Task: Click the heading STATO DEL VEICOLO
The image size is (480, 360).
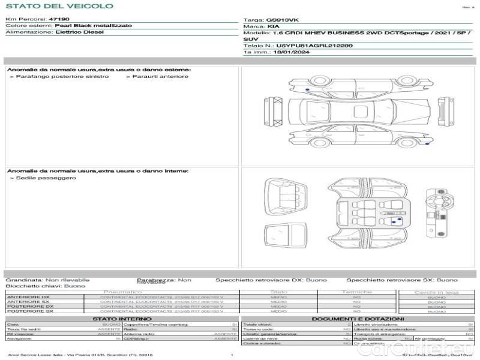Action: (59, 6)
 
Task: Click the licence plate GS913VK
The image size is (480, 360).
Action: (282, 20)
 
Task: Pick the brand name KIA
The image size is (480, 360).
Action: (273, 27)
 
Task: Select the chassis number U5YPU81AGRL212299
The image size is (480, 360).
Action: (314, 46)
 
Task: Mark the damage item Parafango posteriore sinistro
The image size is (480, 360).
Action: (62, 77)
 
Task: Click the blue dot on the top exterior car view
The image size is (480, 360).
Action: (308, 88)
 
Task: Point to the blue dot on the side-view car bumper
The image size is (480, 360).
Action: (427, 144)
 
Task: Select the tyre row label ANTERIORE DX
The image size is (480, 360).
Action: (28, 297)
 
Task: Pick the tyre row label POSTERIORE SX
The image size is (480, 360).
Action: (29, 311)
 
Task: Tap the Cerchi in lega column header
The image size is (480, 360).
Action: (436, 292)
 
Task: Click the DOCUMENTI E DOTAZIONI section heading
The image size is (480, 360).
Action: (358, 319)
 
